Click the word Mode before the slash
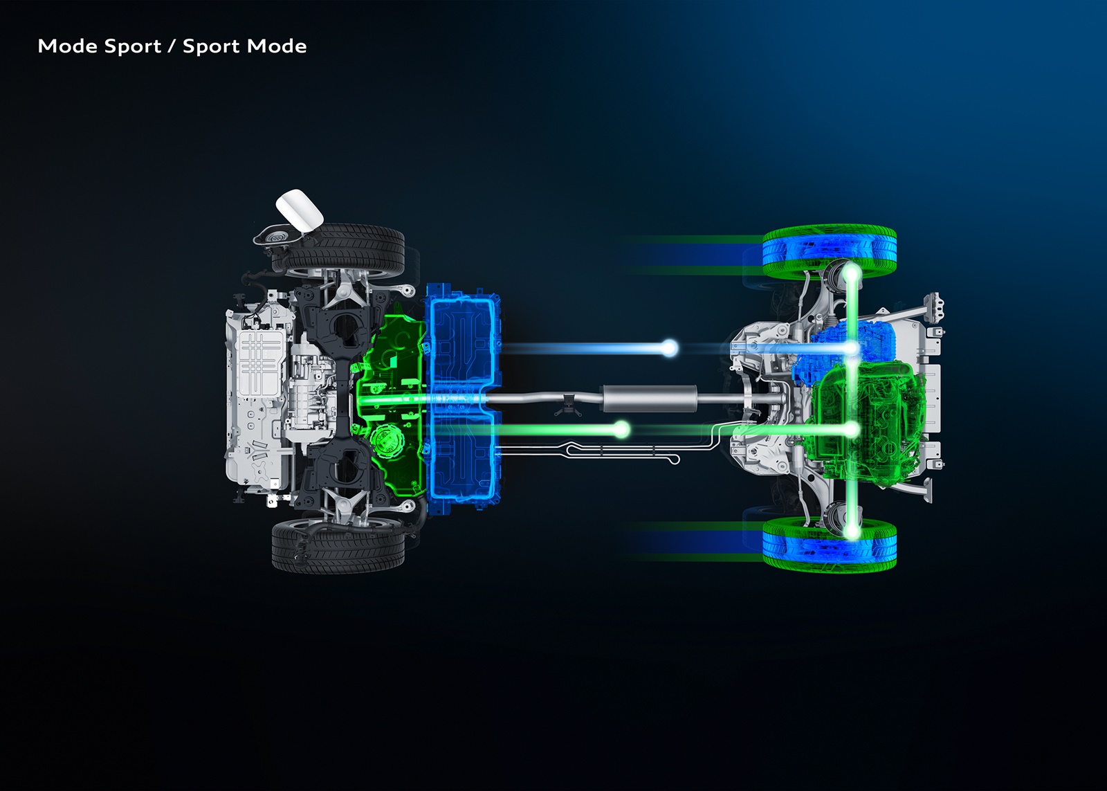pyautogui.click(x=67, y=46)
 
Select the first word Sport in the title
pyautogui.click(x=133, y=47)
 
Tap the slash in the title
pyautogui.click(x=172, y=46)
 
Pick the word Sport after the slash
pyautogui.click(x=212, y=47)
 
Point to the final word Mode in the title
pyautogui.click(x=277, y=46)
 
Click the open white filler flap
pyautogui.click(x=300, y=210)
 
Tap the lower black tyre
pyautogui.click(x=338, y=546)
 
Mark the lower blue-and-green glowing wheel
pyautogui.click(x=830, y=544)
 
